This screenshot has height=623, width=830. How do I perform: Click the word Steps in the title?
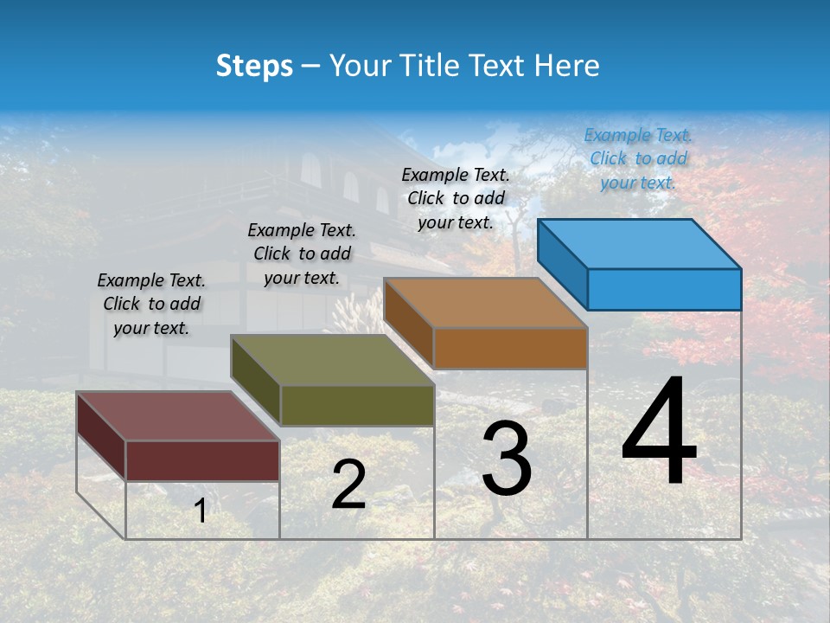(x=254, y=66)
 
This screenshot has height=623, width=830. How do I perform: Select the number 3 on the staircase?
(x=506, y=459)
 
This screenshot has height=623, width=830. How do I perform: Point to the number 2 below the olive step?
(x=348, y=485)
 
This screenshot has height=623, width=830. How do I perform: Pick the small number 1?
(x=200, y=511)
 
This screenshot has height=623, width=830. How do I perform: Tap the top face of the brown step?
(x=486, y=303)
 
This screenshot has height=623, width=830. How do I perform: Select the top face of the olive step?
(x=332, y=360)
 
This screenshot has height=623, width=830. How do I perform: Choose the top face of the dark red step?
(x=178, y=416)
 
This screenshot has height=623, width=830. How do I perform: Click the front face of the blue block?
(x=664, y=289)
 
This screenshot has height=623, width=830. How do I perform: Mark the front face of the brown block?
(x=510, y=348)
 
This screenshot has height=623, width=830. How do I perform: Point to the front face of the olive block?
(x=357, y=405)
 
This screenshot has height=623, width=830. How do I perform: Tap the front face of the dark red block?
(x=202, y=460)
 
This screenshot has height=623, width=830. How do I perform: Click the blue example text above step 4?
(x=638, y=158)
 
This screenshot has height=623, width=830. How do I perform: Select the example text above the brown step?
(x=456, y=198)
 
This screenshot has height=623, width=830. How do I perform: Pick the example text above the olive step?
(x=302, y=254)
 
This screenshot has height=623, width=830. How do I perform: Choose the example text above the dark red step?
(x=151, y=304)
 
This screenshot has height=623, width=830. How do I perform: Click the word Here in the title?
(x=566, y=66)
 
